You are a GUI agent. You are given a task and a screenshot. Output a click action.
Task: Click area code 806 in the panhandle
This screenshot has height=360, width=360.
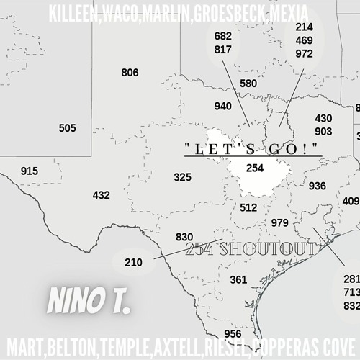(130, 73)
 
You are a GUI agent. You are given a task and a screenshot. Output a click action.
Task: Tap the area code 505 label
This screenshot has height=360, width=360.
(67, 128)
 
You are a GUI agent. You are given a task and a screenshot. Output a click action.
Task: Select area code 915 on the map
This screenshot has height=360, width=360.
(30, 171)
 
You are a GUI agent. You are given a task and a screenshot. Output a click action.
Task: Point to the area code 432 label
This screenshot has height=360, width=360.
(102, 195)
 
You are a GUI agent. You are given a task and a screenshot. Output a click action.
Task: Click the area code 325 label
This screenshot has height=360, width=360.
(182, 177)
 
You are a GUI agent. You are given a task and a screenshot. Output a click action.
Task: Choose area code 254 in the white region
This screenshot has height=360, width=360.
(255, 168)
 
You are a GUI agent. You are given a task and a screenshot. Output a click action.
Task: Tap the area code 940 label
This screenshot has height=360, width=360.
(223, 107)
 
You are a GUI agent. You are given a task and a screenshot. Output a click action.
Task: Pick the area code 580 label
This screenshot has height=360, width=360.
(248, 84)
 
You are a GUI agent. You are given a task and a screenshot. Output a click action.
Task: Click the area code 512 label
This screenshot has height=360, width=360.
(248, 208)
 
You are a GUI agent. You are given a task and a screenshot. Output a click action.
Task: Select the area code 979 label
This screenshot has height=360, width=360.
(279, 222)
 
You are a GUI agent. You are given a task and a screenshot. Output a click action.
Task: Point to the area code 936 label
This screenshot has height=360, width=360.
(317, 186)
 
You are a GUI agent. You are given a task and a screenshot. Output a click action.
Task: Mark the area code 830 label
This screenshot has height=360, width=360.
(184, 238)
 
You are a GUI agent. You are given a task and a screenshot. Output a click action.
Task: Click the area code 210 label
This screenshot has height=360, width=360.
(134, 263)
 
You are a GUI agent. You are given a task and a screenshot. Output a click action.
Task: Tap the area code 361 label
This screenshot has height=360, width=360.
(238, 279)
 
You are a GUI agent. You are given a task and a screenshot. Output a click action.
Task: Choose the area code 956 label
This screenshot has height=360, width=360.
(233, 334)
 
